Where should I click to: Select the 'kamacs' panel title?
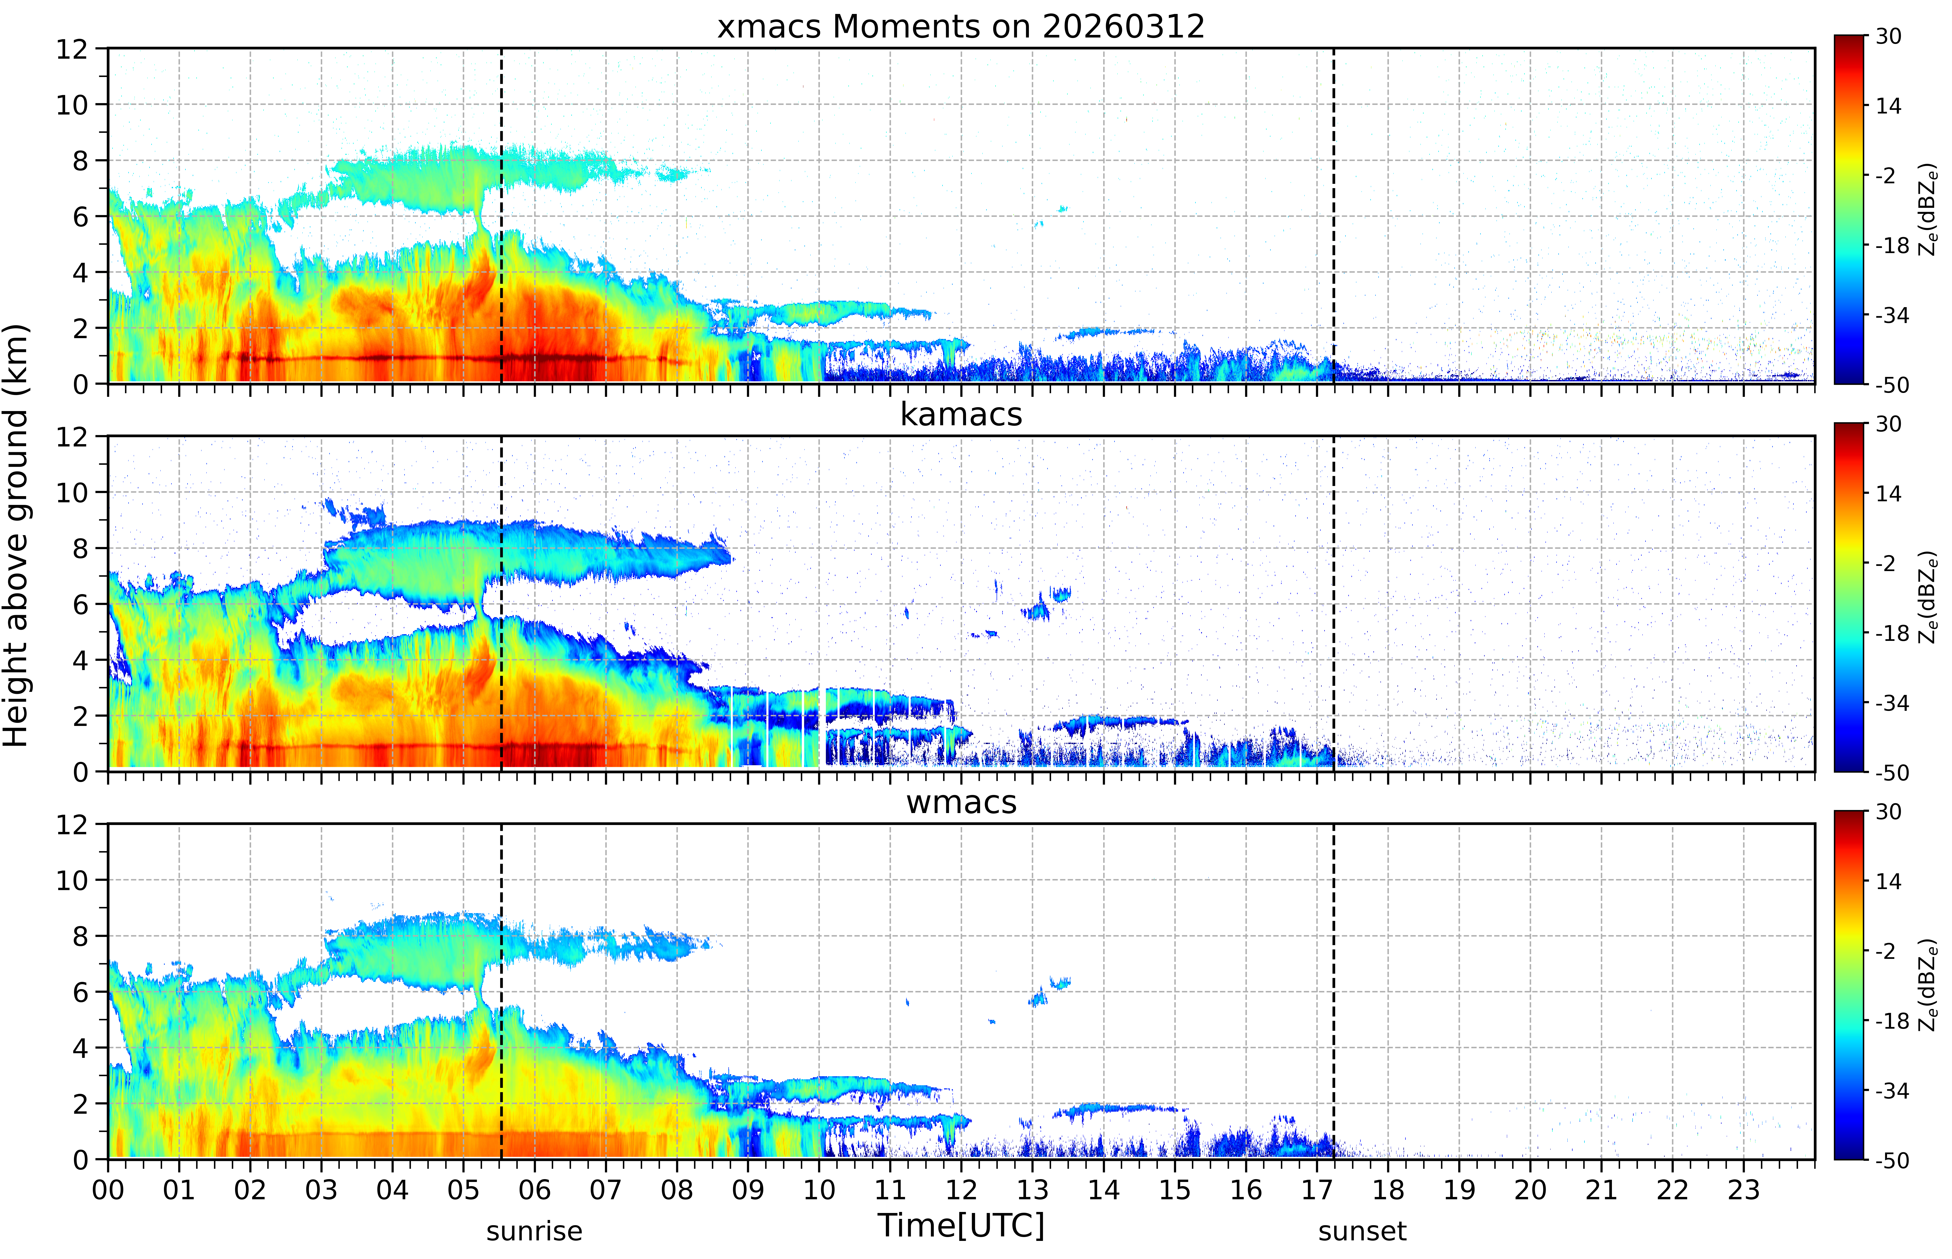pyautogui.click(x=961, y=414)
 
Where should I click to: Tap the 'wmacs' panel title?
pyautogui.click(x=961, y=802)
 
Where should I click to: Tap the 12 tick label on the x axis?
pyautogui.click(x=961, y=1189)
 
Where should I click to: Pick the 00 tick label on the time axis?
pyautogui.click(x=108, y=1189)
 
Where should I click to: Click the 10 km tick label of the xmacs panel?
pyautogui.click(x=72, y=105)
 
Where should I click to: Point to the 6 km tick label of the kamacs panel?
pyautogui.click(x=80, y=605)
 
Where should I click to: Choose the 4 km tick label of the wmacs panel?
pyautogui.click(x=80, y=1048)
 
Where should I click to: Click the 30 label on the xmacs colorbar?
pyautogui.click(x=1888, y=37)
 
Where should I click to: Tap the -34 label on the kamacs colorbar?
pyautogui.click(x=1891, y=703)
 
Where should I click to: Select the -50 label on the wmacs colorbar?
pyautogui.click(x=1891, y=1160)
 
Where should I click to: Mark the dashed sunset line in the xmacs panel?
pyautogui.click(x=1334, y=216)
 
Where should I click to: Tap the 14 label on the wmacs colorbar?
pyautogui.click(x=1888, y=881)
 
